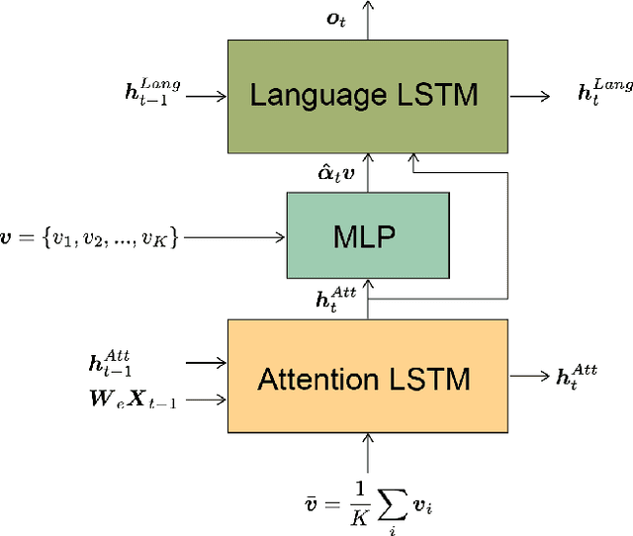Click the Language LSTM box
point(367,95)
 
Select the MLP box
point(367,235)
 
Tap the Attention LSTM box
point(367,379)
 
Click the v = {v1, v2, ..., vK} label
point(92,236)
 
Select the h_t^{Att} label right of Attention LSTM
point(576,375)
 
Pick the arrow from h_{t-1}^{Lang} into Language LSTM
point(205,96)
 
